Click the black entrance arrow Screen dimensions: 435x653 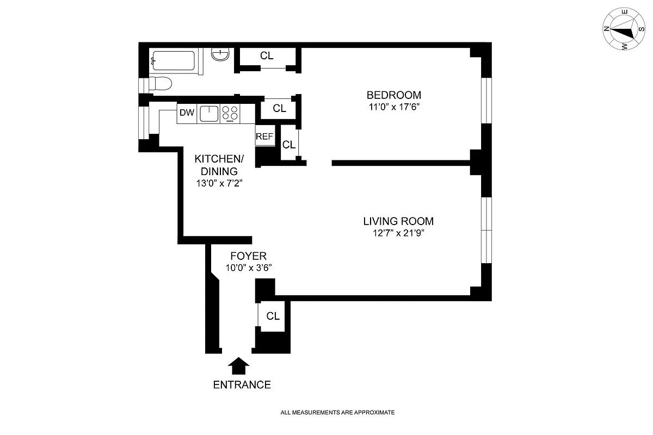coord(237,366)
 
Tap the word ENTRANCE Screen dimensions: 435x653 coord(242,385)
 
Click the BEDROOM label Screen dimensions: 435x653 coord(393,95)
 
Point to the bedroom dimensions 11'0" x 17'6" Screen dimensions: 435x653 coord(393,107)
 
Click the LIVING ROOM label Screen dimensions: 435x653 coord(398,221)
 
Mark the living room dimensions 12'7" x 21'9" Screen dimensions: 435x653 coord(398,234)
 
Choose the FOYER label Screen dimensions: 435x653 coord(248,256)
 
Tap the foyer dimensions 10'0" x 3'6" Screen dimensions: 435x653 coord(248,268)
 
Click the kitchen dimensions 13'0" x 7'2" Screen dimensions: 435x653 coord(219,183)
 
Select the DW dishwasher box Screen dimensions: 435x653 coord(187,113)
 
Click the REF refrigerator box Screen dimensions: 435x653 coord(264,136)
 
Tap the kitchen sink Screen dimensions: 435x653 coord(208,114)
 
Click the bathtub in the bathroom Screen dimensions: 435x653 coord(174,61)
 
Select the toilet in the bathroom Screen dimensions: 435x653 coord(160,84)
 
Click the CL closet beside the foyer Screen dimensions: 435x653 coord(273,316)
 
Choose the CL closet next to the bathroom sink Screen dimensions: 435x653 coord(267,55)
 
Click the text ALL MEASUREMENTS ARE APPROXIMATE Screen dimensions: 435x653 coord(337,413)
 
